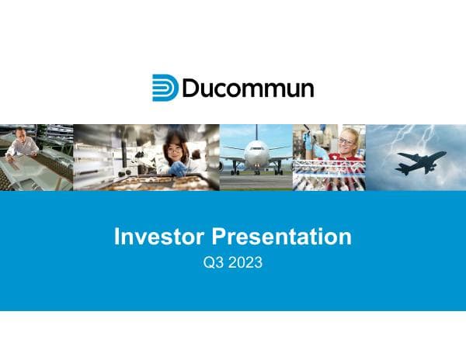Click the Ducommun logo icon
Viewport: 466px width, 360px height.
165,88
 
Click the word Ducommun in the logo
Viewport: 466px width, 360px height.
248,88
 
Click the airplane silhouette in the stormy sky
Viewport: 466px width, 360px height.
419,162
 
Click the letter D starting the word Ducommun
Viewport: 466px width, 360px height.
190,88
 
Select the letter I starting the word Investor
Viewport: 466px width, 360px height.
117,237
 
